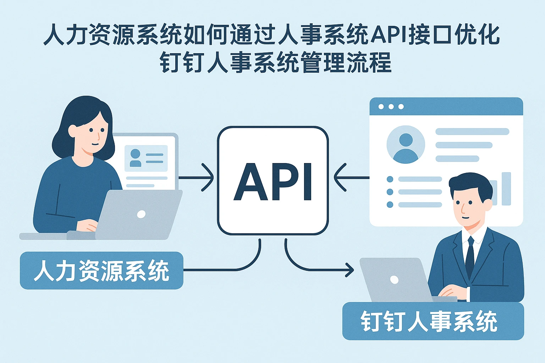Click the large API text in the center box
(272, 182)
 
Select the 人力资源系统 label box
(101, 270)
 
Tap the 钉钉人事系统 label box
(433, 321)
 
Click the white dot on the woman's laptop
(141, 214)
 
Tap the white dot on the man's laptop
(394, 280)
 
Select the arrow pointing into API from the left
(197, 177)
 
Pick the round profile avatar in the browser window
(406, 145)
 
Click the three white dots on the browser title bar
(391, 107)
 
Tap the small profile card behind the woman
(146, 158)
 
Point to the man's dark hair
(470, 183)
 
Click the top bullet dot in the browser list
(390, 179)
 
